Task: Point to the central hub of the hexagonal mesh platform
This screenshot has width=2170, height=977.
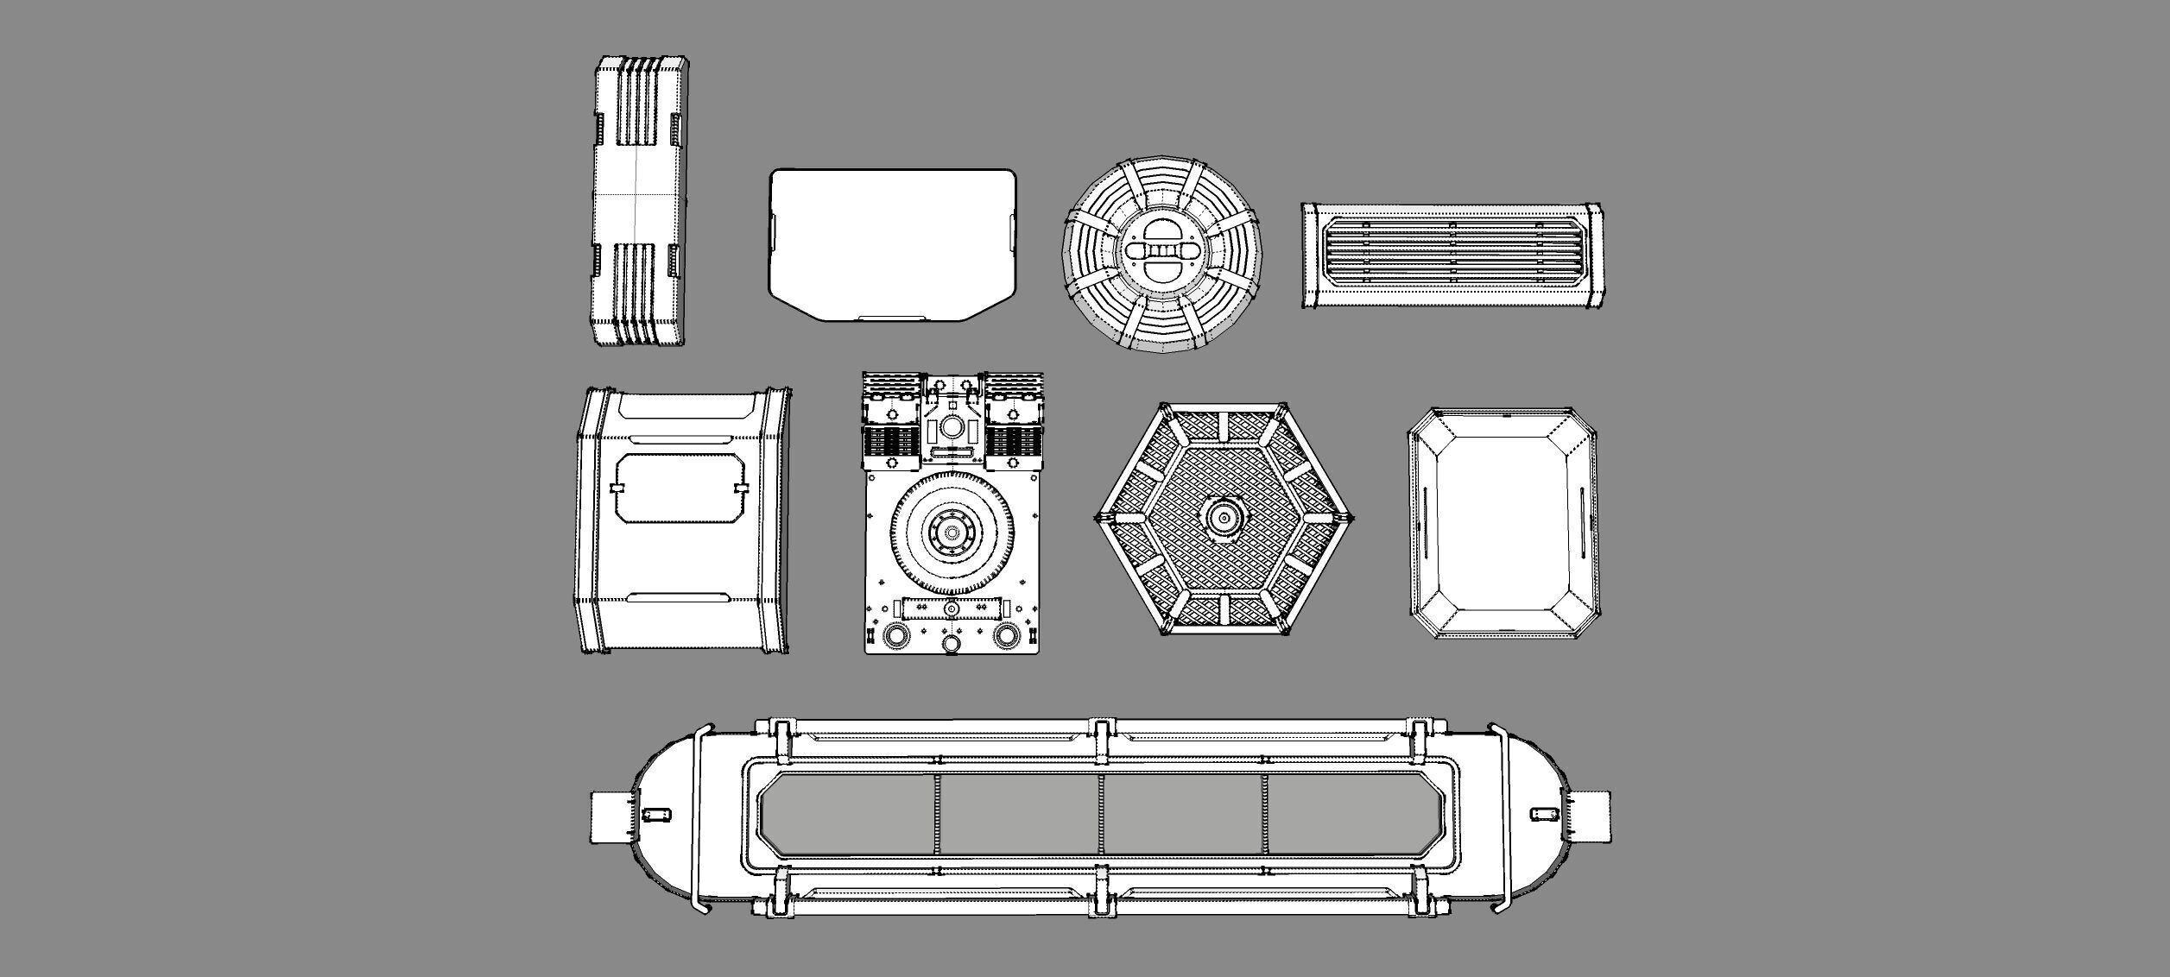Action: point(1224,518)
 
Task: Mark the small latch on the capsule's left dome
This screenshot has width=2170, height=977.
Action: point(657,814)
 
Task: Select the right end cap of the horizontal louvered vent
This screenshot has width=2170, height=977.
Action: point(1594,256)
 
